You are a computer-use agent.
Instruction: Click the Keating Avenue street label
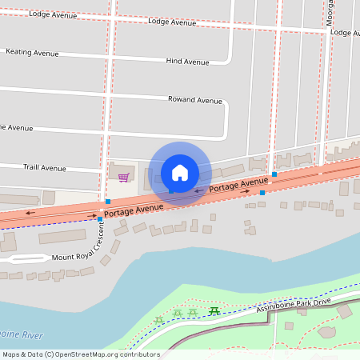click(x=32, y=53)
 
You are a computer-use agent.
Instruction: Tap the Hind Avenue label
click(x=187, y=62)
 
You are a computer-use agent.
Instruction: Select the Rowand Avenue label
click(x=194, y=100)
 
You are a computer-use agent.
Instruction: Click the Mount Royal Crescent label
click(x=76, y=247)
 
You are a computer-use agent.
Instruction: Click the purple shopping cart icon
click(x=123, y=178)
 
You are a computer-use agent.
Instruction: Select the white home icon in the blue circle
click(x=180, y=173)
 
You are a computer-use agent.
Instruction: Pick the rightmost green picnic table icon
click(x=214, y=310)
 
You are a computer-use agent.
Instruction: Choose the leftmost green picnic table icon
click(x=159, y=320)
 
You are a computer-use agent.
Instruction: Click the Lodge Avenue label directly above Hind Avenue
click(x=172, y=22)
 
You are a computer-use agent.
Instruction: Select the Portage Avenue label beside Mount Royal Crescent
click(x=133, y=210)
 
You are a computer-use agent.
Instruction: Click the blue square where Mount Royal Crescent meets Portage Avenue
click(x=99, y=218)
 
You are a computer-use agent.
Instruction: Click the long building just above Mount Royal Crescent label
click(x=62, y=236)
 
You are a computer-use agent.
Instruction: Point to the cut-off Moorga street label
click(x=330, y=11)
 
